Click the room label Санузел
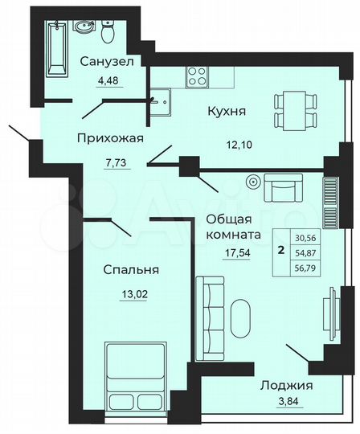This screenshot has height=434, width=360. coord(106,61)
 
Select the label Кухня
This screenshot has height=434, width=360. coord(226,112)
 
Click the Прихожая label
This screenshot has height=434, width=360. coord(110,137)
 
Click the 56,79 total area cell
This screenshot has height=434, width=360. coord(305,270)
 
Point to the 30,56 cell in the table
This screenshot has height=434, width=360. coord(305,238)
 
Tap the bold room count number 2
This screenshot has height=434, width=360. coord(280,250)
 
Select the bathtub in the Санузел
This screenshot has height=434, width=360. coord(57,47)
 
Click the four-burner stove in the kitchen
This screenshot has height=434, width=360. coord(198,77)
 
